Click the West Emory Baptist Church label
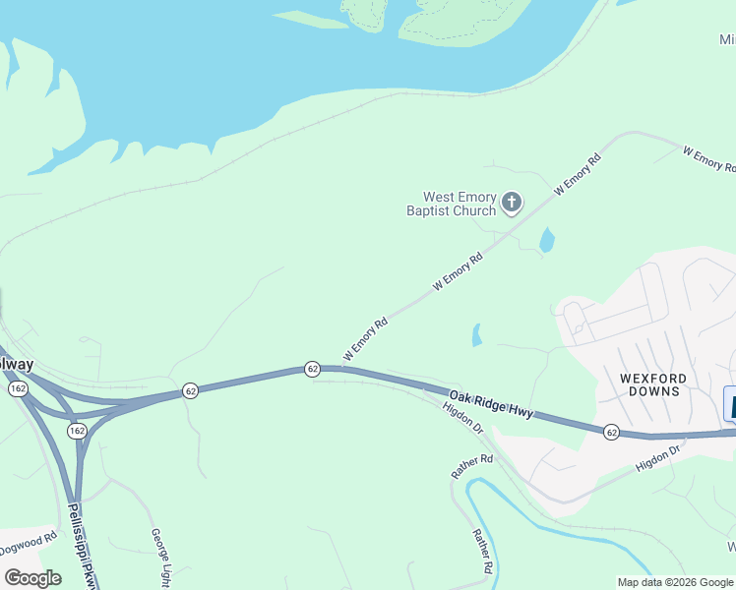tap(453, 204)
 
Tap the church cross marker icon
tap(511, 203)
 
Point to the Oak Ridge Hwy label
tap(491, 405)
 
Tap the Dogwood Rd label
tap(28, 537)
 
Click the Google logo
tap(33, 578)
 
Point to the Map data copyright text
tap(676, 582)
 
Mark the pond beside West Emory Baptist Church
tap(547, 239)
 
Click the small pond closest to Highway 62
tap(477, 335)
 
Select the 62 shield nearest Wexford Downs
tap(611, 432)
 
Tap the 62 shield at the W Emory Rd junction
tap(312, 368)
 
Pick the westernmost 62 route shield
tap(191, 390)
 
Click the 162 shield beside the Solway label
tap(18, 388)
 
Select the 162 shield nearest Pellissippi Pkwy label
tap(78, 431)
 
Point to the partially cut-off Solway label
tap(16, 365)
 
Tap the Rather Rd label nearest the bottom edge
tap(481, 551)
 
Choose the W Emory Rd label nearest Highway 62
tap(365, 337)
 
